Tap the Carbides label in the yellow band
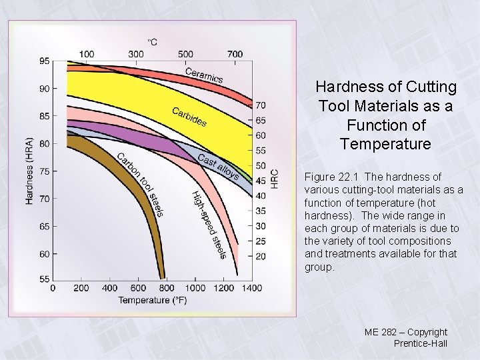[x=189, y=117]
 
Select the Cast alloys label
[x=218, y=167]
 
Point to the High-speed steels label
[x=209, y=224]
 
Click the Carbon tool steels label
[x=140, y=184]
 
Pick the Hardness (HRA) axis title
[x=29, y=171]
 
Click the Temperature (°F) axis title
[x=153, y=300]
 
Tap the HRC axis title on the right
[x=274, y=177]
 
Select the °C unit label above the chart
[x=152, y=41]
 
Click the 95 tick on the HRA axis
[x=44, y=61]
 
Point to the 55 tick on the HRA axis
[x=44, y=279]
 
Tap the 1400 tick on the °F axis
[x=251, y=288]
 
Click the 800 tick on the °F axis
[x=167, y=288]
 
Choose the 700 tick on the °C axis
[x=235, y=53]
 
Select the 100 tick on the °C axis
[x=87, y=53]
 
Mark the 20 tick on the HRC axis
[x=260, y=256]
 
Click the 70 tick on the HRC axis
[x=260, y=105]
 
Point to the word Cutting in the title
[x=434, y=87]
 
